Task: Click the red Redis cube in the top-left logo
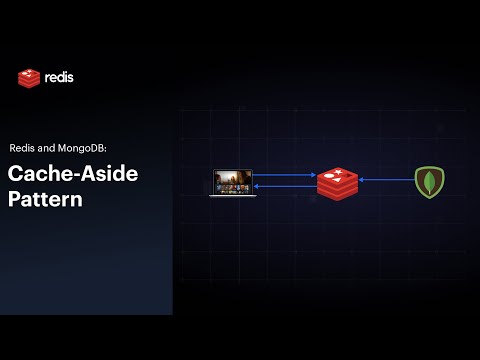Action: coord(29,78)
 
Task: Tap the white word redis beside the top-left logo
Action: coord(59,77)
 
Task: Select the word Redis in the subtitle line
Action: coord(25,147)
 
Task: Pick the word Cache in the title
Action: coord(37,173)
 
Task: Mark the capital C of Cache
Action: coord(15,173)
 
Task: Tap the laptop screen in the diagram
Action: coord(232,181)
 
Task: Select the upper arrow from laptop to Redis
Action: coord(285,176)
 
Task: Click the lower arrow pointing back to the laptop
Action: coord(285,186)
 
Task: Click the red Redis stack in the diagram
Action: coord(337,183)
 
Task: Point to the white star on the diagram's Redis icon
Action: coord(337,174)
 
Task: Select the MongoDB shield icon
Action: coord(429,181)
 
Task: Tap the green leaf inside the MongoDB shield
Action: coord(429,181)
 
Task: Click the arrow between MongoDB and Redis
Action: coord(385,181)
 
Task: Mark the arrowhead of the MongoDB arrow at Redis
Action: coord(361,181)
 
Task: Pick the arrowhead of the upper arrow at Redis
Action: coord(314,176)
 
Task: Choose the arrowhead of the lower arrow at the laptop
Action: coord(258,186)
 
